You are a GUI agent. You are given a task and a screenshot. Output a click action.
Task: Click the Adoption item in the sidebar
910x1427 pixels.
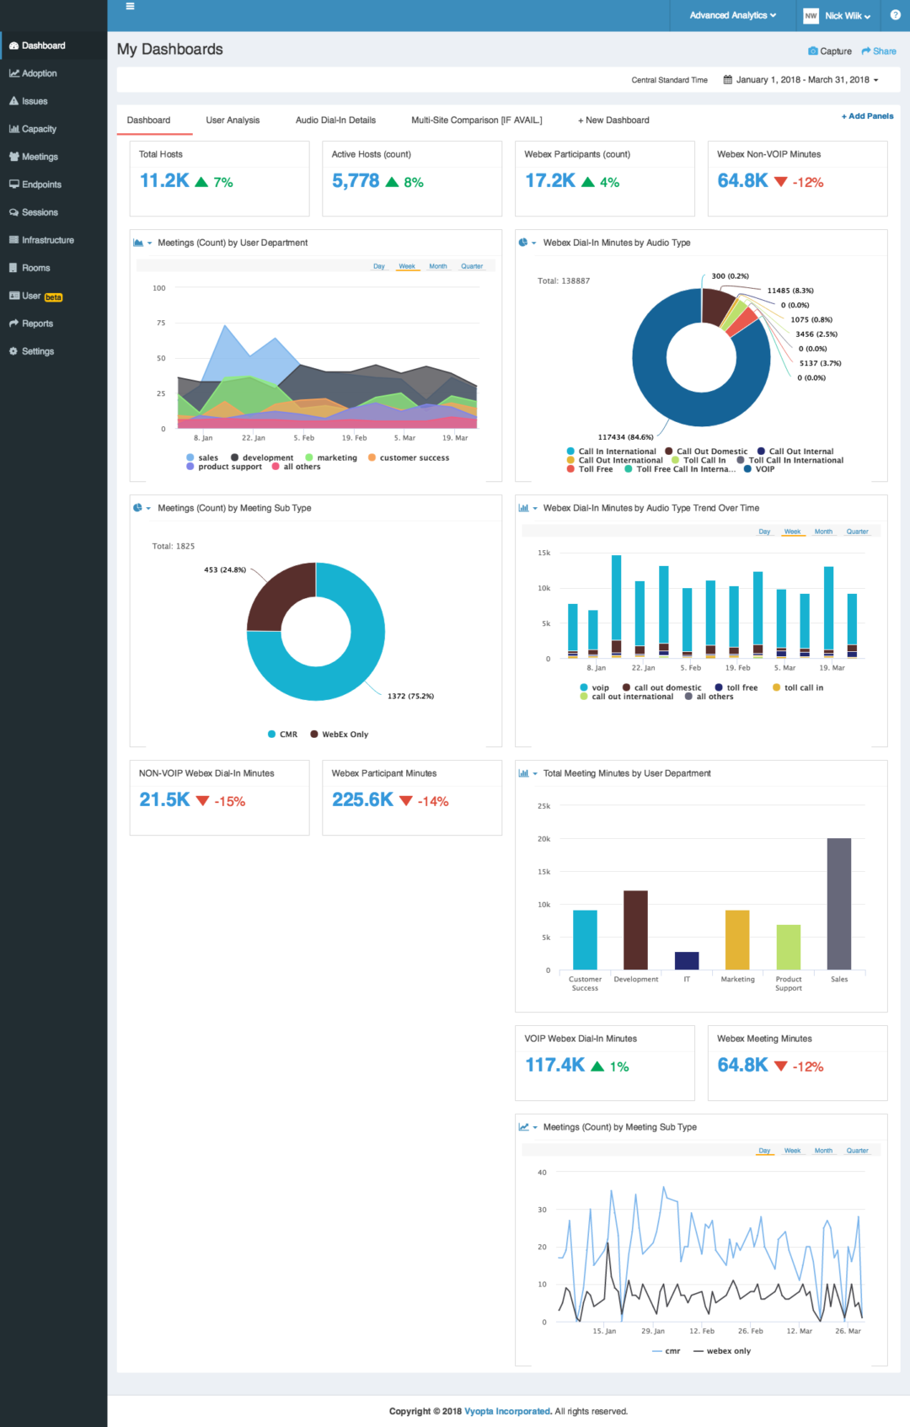pyautogui.click(x=39, y=73)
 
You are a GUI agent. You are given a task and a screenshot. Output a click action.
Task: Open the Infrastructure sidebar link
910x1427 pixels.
pyautogui.click(x=47, y=240)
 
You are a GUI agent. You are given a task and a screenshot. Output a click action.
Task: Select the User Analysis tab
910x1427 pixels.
pyautogui.click(x=233, y=120)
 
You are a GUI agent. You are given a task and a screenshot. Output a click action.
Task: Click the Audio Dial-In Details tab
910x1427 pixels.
pyautogui.click(x=335, y=120)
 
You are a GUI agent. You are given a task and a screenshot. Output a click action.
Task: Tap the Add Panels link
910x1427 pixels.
pyautogui.click(x=868, y=116)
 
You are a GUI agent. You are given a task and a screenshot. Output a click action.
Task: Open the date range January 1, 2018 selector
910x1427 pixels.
pyautogui.click(x=800, y=80)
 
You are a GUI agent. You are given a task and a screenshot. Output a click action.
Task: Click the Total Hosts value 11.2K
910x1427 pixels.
pyautogui.click(x=164, y=181)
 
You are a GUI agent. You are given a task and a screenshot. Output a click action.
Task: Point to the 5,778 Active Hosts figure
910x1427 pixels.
pyautogui.click(x=356, y=181)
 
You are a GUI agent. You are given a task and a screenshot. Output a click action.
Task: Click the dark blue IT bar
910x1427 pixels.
pyautogui.click(x=687, y=960)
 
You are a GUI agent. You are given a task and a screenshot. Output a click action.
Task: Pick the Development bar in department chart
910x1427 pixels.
pyautogui.click(x=635, y=930)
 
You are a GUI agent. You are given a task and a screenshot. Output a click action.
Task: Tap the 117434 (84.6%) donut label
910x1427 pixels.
pyautogui.click(x=625, y=437)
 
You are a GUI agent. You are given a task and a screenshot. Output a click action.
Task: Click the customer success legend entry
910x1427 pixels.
pyautogui.click(x=413, y=458)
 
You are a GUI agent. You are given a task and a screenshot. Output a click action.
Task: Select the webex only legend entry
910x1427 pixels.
pyautogui.click(x=727, y=1351)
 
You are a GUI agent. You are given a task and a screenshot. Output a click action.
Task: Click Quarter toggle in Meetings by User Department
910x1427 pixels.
pyautogui.click(x=472, y=266)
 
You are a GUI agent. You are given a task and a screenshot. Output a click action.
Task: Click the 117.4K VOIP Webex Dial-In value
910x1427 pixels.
pyautogui.click(x=555, y=1066)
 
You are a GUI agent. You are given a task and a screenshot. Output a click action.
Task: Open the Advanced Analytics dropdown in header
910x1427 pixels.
pyautogui.click(x=732, y=15)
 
